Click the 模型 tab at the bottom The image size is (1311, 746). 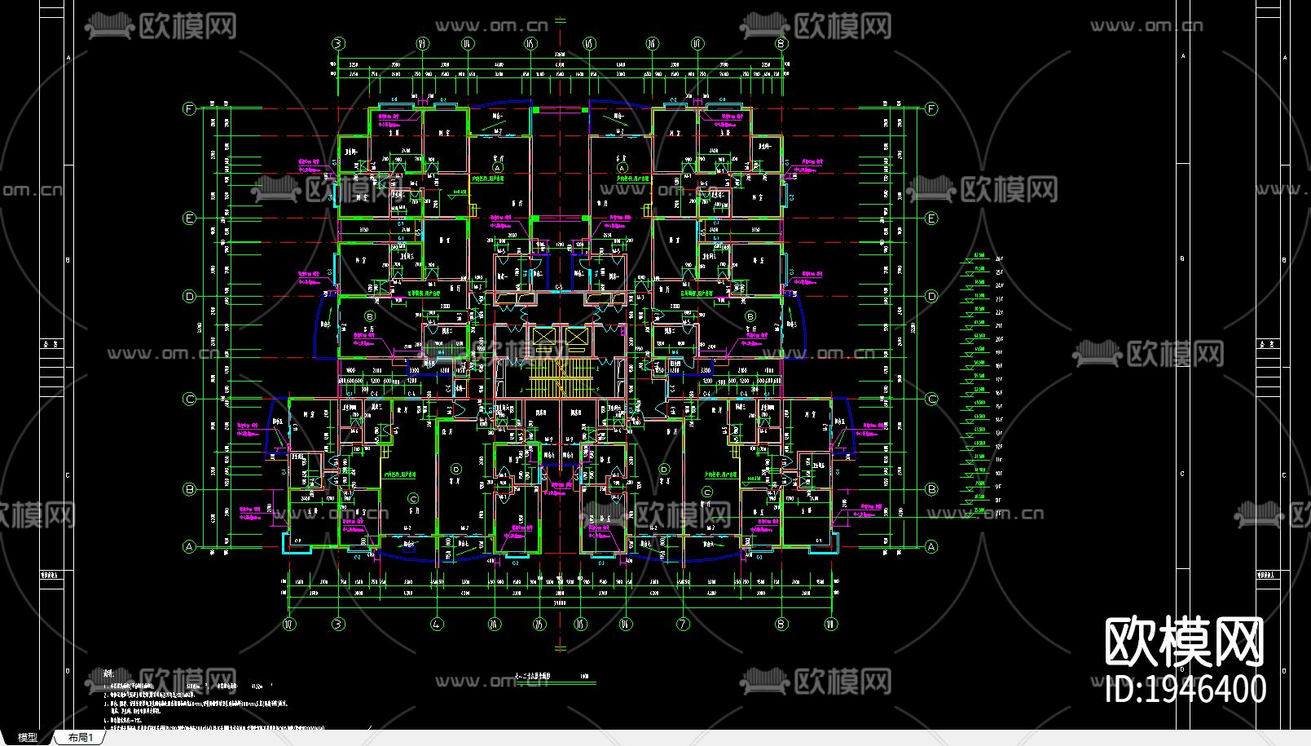[x=27, y=737]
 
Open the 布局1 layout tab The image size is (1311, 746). [x=81, y=737]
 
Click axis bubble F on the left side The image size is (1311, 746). [x=190, y=109]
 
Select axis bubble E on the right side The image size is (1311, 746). [x=932, y=219]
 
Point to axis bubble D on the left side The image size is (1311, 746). [x=190, y=297]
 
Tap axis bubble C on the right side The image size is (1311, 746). [x=932, y=399]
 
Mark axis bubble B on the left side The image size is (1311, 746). [x=190, y=490]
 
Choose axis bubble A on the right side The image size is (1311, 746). [x=932, y=547]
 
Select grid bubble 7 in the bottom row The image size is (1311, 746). [x=683, y=625]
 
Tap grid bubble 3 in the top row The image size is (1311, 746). [x=338, y=43]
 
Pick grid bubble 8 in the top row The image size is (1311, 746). [x=781, y=43]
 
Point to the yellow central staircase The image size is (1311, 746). [x=559, y=380]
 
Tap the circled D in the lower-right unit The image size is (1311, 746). [x=664, y=470]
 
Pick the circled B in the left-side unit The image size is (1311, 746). [x=370, y=316]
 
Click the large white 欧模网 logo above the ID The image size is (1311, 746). [x=1184, y=642]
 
